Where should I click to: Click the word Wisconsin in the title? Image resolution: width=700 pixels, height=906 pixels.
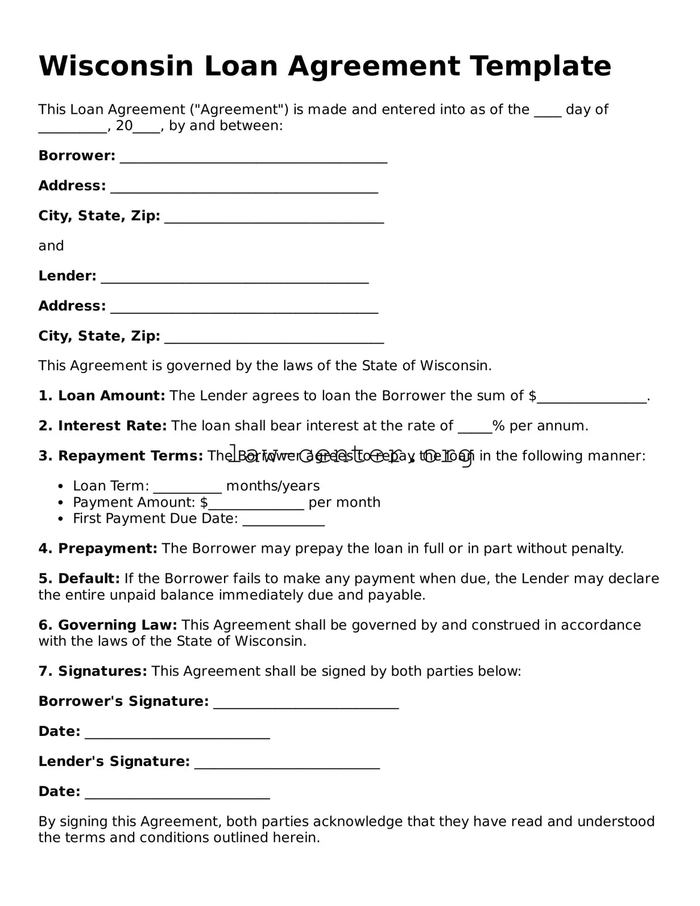[116, 66]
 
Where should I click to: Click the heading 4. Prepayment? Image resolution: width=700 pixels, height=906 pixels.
[98, 549]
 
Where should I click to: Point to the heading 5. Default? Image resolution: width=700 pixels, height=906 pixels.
[79, 579]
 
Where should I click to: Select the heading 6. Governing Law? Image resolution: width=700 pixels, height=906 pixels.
[108, 625]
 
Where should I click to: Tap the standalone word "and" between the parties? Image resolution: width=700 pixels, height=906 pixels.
[51, 246]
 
